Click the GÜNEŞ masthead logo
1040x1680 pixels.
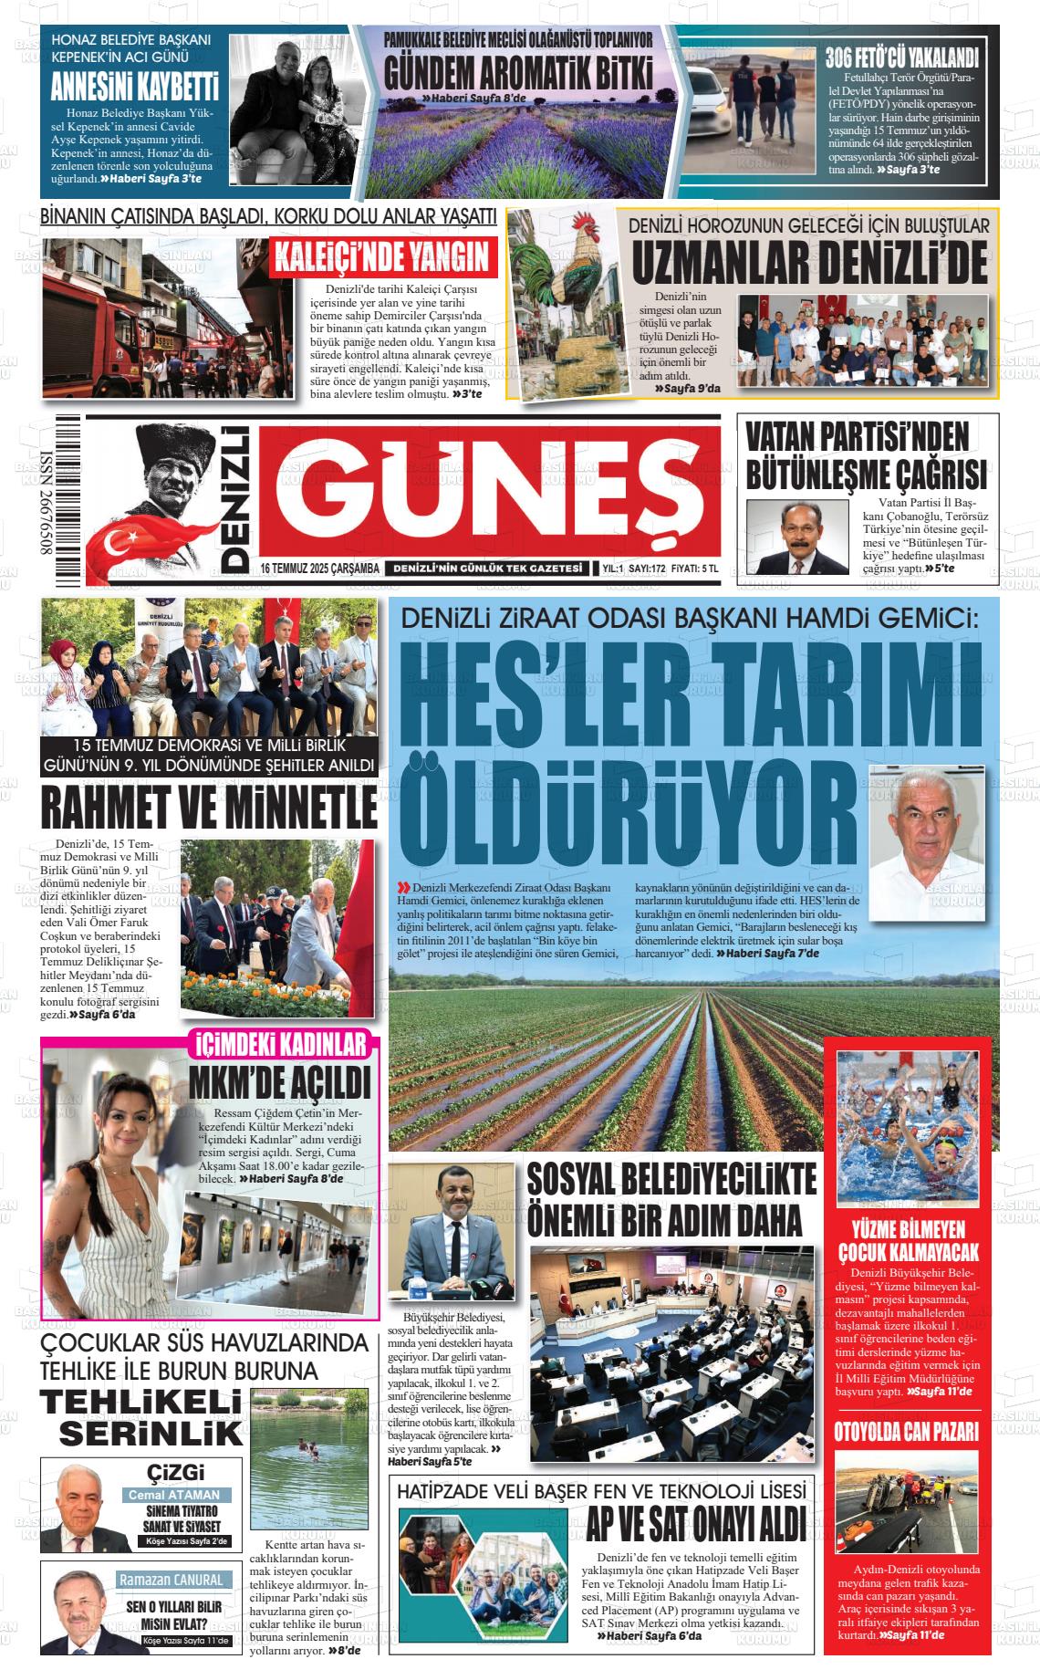[x=488, y=492]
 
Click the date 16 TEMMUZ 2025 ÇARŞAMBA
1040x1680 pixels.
[x=319, y=569]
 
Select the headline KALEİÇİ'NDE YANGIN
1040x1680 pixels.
[x=383, y=258]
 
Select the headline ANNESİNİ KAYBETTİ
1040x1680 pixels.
[x=134, y=89]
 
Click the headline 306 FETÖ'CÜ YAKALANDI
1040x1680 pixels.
[x=901, y=58]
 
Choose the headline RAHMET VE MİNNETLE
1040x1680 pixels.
[x=209, y=807]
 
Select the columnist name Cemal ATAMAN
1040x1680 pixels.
[x=173, y=1495]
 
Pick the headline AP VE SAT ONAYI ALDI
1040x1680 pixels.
[x=696, y=1523]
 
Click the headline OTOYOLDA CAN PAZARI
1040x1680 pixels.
[x=906, y=1431]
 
